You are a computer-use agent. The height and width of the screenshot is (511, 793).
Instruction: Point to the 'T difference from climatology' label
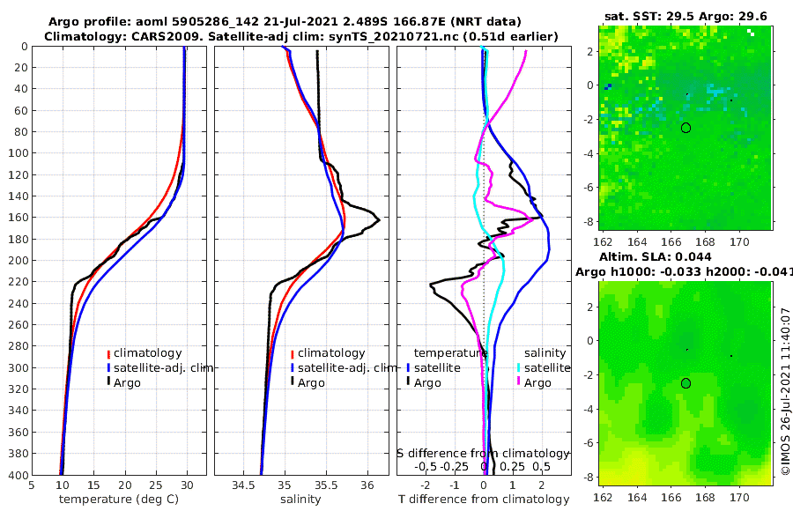pyautogui.click(x=484, y=500)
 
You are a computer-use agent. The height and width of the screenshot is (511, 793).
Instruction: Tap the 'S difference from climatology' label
pyautogui.click(x=484, y=453)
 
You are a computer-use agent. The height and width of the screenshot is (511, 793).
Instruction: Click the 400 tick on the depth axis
pyautogui.click(x=15, y=475)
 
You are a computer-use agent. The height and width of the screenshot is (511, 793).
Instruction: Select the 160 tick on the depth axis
pyautogui.click(x=15, y=218)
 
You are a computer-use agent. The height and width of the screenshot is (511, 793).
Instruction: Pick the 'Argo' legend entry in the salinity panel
pyautogui.click(x=311, y=382)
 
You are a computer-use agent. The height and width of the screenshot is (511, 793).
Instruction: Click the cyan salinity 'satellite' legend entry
pyautogui.click(x=545, y=367)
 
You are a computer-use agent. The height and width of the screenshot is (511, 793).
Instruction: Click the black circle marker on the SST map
pyautogui.click(x=686, y=128)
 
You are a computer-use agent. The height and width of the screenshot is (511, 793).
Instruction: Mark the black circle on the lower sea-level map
pyautogui.click(x=686, y=383)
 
